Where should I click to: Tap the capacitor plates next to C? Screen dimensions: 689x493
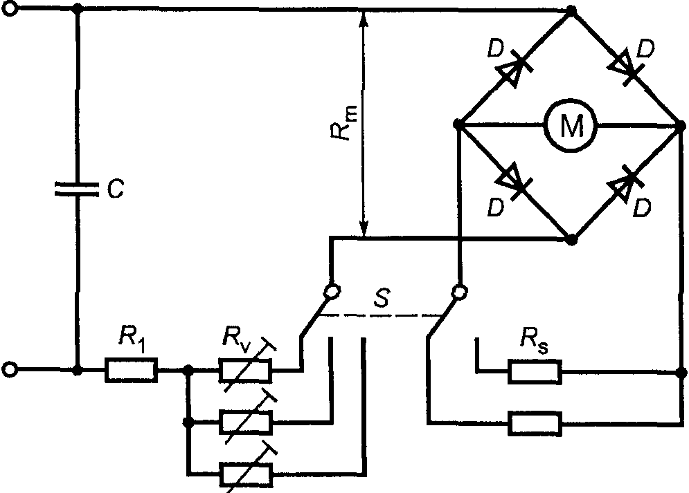(x=76, y=189)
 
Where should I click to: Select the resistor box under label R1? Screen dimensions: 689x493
(x=131, y=370)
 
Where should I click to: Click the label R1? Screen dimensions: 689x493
(x=132, y=339)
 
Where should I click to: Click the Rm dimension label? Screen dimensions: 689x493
(x=344, y=123)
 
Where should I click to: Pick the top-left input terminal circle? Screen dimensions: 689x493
(x=10, y=8)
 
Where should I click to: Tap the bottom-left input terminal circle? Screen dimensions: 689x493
(x=10, y=370)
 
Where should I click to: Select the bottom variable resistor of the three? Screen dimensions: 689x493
(x=245, y=474)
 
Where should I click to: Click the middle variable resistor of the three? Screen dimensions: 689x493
(x=245, y=422)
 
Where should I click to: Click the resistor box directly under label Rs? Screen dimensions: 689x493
(x=535, y=372)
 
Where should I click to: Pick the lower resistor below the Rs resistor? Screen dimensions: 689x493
(x=535, y=423)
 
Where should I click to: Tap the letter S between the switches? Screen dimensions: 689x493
(x=381, y=298)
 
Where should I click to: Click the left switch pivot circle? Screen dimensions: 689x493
(x=332, y=291)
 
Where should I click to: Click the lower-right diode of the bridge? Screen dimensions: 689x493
(x=625, y=184)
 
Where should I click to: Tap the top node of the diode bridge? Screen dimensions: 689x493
(x=572, y=10)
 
